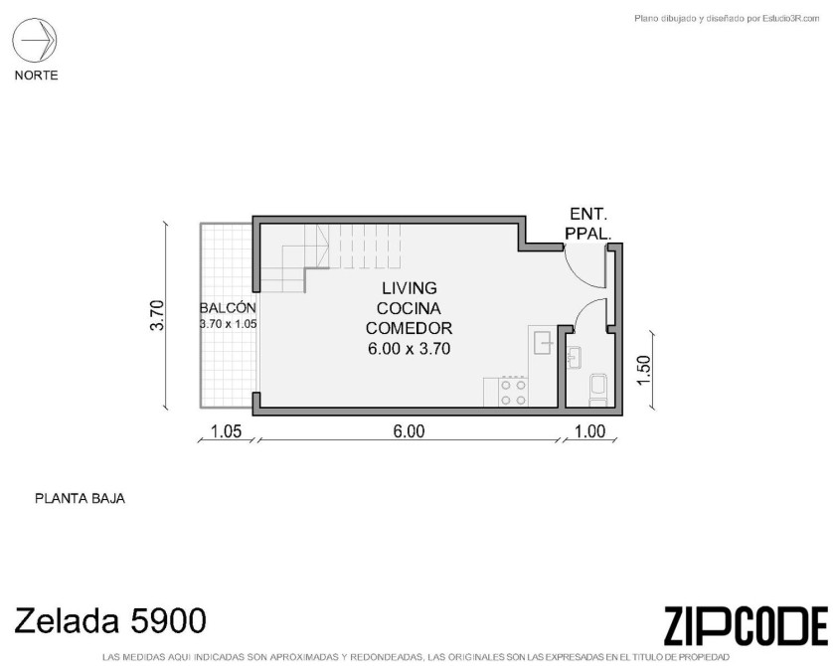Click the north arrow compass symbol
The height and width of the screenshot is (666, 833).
pyautogui.click(x=35, y=40)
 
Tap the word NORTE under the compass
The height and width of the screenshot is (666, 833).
pyautogui.click(x=36, y=76)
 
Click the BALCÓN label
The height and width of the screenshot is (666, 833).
pyautogui.click(x=228, y=308)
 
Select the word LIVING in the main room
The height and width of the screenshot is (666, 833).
pyautogui.click(x=410, y=288)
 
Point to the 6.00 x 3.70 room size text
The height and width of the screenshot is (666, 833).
pyautogui.click(x=410, y=349)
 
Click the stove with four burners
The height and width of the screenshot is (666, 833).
pyautogui.click(x=513, y=392)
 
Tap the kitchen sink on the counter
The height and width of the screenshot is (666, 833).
pyautogui.click(x=543, y=342)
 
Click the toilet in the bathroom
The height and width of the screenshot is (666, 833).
pyautogui.click(x=598, y=389)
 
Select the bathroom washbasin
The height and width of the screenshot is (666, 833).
pyautogui.click(x=574, y=357)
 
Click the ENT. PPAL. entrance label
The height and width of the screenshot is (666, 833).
pyautogui.click(x=588, y=224)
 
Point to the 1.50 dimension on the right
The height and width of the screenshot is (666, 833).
pyautogui.click(x=644, y=371)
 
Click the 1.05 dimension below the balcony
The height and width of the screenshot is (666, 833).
pyautogui.click(x=226, y=431)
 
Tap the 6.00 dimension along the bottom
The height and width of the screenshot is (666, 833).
pyautogui.click(x=409, y=431)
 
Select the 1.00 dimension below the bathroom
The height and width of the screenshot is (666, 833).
pyautogui.click(x=590, y=431)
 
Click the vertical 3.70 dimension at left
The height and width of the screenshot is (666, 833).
pyautogui.click(x=158, y=315)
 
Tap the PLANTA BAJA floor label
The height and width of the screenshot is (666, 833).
pyautogui.click(x=80, y=499)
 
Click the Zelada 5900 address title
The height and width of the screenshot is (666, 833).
pyautogui.click(x=110, y=620)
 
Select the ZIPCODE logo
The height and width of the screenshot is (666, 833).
pyautogui.click(x=746, y=626)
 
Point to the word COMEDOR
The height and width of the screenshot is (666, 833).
pyautogui.click(x=410, y=329)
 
